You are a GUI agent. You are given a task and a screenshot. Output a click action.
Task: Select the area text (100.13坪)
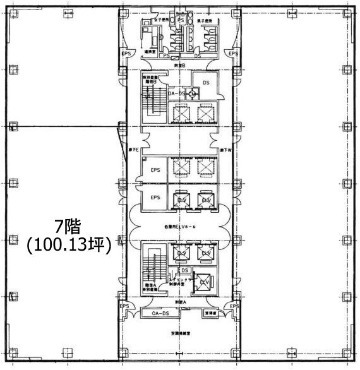click(68, 245)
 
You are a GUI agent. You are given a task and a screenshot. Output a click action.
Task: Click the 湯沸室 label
click(150, 52)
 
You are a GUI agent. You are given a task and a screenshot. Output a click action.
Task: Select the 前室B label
click(180, 65)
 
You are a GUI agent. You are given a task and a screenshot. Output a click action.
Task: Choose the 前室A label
click(181, 303)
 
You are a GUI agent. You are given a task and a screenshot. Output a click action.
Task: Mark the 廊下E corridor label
click(135, 150)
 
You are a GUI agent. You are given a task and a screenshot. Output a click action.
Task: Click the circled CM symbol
click(193, 94)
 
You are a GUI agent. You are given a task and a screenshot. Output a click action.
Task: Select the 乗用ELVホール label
click(181, 225)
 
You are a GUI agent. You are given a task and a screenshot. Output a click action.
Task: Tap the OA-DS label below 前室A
click(160, 313)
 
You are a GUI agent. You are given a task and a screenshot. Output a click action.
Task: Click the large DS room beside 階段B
click(205, 83)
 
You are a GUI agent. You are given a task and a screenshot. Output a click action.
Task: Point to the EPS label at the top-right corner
click(234, 54)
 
